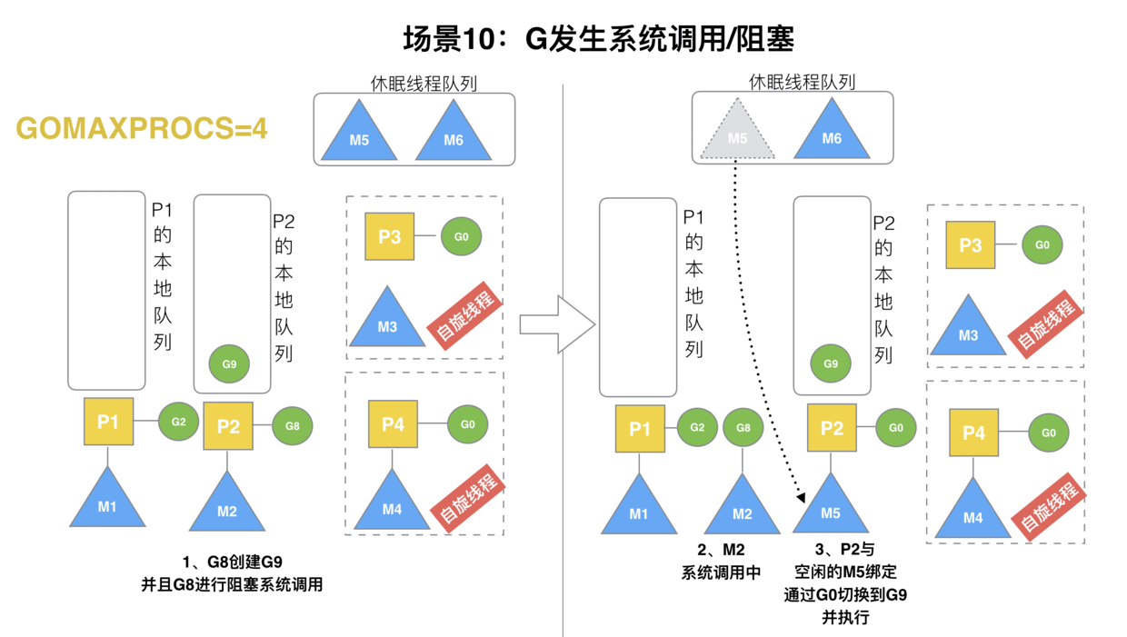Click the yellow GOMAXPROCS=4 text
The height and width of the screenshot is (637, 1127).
[142, 129]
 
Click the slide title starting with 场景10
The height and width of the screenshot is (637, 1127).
[599, 39]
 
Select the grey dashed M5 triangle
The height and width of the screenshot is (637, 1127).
[737, 133]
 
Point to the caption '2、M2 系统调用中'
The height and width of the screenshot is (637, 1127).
[720, 562]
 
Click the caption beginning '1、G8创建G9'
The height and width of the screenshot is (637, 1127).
[232, 573]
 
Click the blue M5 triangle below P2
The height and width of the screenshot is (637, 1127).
[831, 508]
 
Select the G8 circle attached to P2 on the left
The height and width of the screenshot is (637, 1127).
[292, 425]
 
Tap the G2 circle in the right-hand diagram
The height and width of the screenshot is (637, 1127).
[697, 428]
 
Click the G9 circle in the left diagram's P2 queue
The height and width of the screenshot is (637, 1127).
[229, 364]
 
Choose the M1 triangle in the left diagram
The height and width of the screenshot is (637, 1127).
[107, 503]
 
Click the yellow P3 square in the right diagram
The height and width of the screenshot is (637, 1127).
[970, 244]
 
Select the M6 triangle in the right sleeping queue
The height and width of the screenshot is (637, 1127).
[832, 133]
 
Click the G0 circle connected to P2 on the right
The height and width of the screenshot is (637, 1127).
[895, 428]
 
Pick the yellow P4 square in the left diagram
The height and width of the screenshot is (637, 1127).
[393, 423]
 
